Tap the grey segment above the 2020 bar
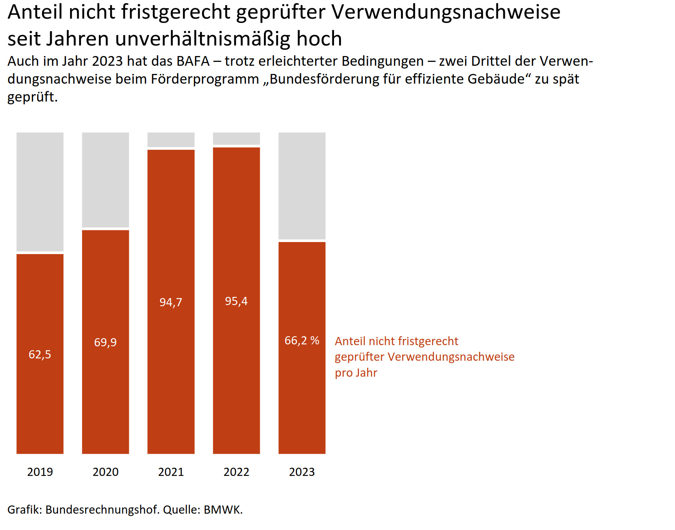pos(105,179)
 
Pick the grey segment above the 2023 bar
pos(302,186)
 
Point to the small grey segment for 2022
pos(236,139)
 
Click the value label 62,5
pos(40,355)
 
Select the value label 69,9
pos(105,342)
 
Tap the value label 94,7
pos(171,302)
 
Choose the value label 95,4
pos(236,301)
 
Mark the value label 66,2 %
pos(302,341)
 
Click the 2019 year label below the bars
pos(40,472)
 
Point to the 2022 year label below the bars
pos(236,472)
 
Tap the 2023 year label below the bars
pos(302,472)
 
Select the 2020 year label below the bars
pos(105,472)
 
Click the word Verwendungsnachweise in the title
pos(446,12)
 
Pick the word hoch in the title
pos(319,39)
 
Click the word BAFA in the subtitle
pos(193,61)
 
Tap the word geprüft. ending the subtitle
pos(32,97)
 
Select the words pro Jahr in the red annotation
pos(356,373)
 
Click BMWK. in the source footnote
pos(223,510)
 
